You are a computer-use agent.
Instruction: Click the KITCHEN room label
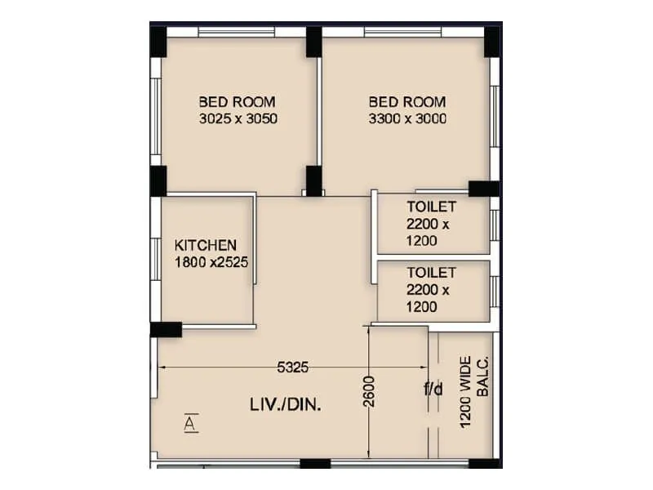tap(206, 245)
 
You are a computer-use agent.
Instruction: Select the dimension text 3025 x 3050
tap(238, 118)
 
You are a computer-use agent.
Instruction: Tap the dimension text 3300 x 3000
tap(407, 118)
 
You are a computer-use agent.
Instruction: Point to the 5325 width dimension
tap(292, 367)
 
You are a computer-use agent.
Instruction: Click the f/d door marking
tap(433, 390)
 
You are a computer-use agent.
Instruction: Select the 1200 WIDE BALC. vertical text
tap(473, 391)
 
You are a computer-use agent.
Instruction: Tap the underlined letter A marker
tap(189, 423)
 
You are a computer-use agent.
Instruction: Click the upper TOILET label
tap(431, 207)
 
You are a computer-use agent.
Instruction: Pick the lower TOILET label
tap(431, 273)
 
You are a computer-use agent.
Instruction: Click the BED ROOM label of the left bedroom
tap(238, 102)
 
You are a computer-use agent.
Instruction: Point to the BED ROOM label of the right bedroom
tap(407, 102)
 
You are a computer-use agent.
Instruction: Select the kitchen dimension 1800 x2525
tap(211, 262)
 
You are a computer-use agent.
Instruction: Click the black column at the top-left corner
tap(158, 41)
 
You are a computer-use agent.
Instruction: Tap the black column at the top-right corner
tap(493, 42)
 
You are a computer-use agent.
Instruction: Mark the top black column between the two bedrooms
tap(314, 42)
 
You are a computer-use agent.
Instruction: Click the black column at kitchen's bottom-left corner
tap(166, 329)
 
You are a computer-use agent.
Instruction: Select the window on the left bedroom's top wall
tap(236, 32)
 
